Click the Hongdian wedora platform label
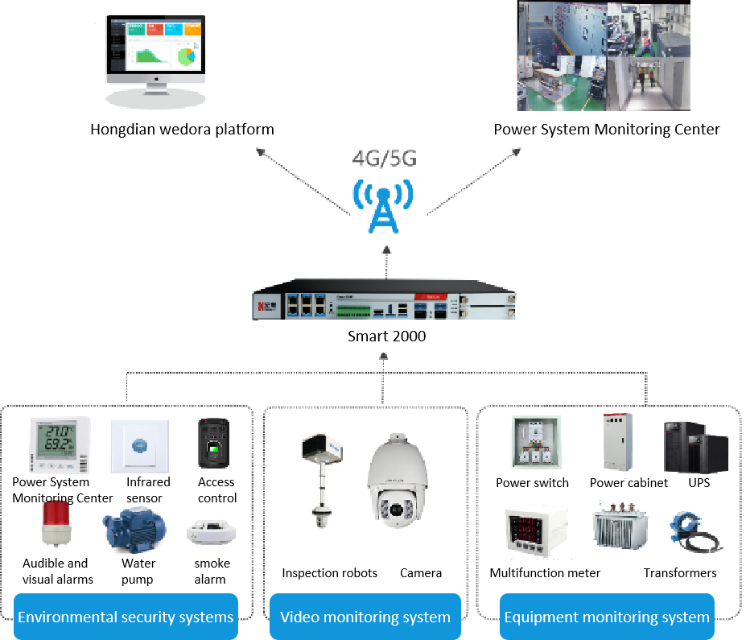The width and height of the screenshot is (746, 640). point(182,130)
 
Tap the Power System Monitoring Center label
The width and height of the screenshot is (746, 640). point(607,130)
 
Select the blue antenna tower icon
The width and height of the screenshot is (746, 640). point(383,205)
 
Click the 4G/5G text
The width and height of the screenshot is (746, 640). point(384,159)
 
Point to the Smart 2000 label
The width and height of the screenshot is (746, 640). point(386,337)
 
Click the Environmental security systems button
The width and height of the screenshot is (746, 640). point(126,617)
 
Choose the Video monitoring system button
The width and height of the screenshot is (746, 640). point(365,617)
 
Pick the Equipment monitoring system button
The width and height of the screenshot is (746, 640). point(607,617)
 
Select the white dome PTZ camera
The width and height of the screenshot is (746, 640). point(395,483)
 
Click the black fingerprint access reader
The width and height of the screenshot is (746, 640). point(213,444)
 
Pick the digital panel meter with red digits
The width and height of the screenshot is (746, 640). point(536,531)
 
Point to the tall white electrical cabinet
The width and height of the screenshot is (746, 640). point(618,441)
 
